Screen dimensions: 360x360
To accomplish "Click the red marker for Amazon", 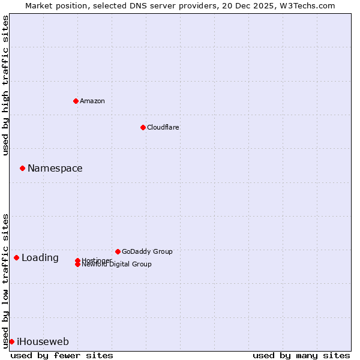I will (x=76, y=101).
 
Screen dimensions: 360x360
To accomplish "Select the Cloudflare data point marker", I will (x=143, y=127).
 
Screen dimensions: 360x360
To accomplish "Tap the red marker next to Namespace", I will (x=22, y=168).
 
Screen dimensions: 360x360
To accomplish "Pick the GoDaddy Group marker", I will (x=118, y=251).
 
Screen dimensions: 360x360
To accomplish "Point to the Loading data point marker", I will (x=16, y=257).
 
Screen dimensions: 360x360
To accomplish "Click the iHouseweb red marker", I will (x=11, y=341).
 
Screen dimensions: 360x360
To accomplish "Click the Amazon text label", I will (x=92, y=101).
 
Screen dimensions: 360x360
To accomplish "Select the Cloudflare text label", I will (x=163, y=127).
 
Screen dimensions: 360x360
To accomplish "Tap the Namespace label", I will (x=55, y=169).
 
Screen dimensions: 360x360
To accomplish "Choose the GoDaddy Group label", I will (x=147, y=251).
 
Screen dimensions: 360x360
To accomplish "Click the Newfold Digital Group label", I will (x=117, y=265).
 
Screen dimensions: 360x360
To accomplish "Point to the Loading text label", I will (x=40, y=258).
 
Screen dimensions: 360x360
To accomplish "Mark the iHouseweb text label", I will (x=43, y=342).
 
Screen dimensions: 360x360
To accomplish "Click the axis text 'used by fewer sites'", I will (x=62, y=355).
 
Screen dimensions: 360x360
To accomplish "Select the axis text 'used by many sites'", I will (x=301, y=355).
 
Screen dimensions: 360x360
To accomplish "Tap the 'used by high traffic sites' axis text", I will (x=5, y=85).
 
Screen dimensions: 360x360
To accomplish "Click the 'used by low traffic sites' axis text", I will (x=5, y=280).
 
